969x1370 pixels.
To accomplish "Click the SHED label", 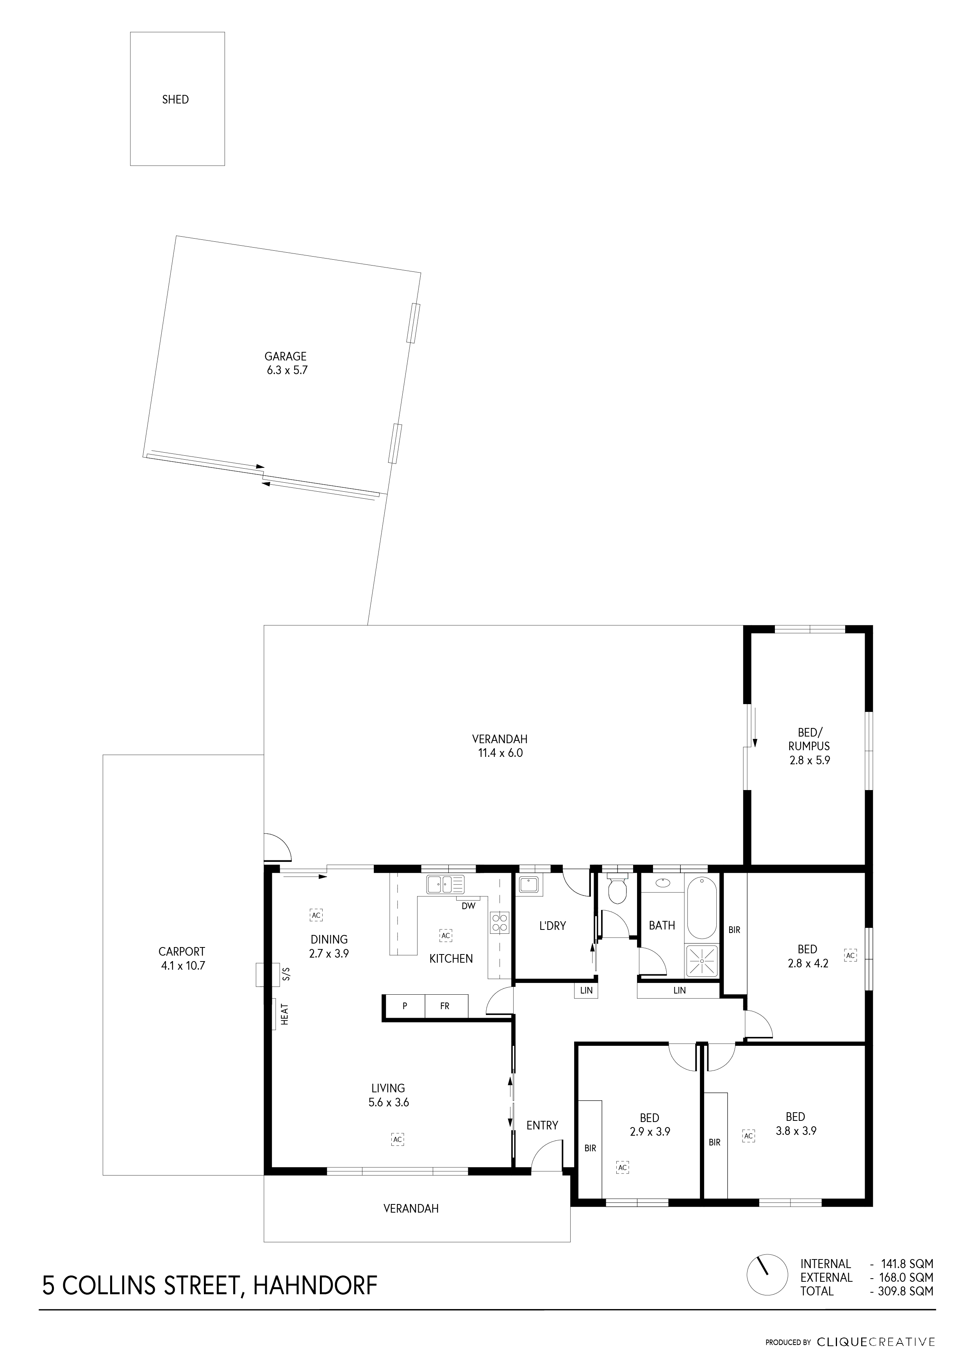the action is (x=175, y=100).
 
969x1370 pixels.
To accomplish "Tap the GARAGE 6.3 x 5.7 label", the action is (x=286, y=363).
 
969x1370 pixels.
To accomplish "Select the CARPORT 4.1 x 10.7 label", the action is (x=182, y=958).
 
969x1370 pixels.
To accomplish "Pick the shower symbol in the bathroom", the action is (x=702, y=961).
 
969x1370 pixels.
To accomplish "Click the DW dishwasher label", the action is (x=468, y=906).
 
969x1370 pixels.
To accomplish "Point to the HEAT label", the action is (x=285, y=1014).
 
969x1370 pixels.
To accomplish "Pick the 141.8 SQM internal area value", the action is (x=907, y=1264).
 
